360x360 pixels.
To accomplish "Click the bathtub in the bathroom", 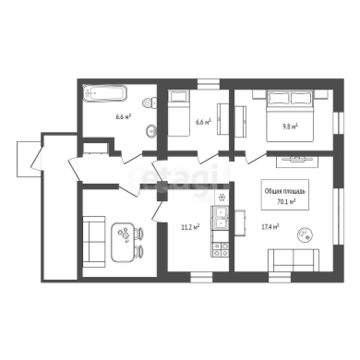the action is pyautogui.click(x=104, y=92).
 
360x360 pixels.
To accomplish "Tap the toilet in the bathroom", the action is pyautogui.click(x=150, y=102).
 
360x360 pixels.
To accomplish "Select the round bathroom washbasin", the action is pyautogui.click(x=151, y=131).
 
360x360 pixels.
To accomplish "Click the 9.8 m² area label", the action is pyautogui.click(x=291, y=126).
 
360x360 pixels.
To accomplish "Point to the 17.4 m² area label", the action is pyautogui.click(x=270, y=227).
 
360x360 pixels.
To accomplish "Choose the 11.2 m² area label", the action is pyautogui.click(x=190, y=227).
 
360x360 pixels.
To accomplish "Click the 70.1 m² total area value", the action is pyautogui.click(x=286, y=201).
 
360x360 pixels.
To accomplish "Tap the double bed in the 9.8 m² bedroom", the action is pyautogui.click(x=290, y=115).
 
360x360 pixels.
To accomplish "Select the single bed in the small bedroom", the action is pyautogui.click(x=178, y=113).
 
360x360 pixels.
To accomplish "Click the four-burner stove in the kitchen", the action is pyautogui.click(x=221, y=249).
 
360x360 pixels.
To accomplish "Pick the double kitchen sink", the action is pyautogui.click(x=221, y=217).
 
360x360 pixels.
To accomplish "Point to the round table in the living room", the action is pyautogui.click(x=305, y=234).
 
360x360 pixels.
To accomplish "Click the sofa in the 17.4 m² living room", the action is pyautogui.click(x=294, y=260).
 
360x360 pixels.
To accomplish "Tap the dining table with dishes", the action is pyautogui.click(x=123, y=242).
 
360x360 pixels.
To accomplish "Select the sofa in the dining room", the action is pyautogui.click(x=94, y=242).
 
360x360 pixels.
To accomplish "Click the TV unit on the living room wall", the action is pyautogui.click(x=297, y=162).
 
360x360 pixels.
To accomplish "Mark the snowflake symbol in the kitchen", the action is pyautogui.click(x=222, y=197).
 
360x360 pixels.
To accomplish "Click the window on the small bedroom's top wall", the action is pyautogui.click(x=209, y=84).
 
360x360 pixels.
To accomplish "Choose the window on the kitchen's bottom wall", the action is pyautogui.click(x=201, y=277).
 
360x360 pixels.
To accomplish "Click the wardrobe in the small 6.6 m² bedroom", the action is pyautogui.click(x=223, y=119).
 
